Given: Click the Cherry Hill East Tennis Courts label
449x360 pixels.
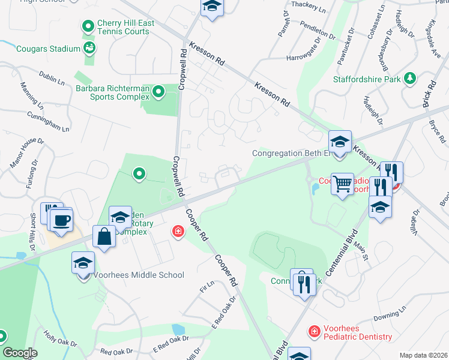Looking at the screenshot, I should pos(126,28).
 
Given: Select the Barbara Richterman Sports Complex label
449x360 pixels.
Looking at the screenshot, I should pos(112,92).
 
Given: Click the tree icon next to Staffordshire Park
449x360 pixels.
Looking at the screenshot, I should pos(411,78).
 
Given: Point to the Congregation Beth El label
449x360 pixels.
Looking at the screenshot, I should pos(292,153).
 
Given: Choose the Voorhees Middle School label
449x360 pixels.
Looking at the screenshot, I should pos(139,275).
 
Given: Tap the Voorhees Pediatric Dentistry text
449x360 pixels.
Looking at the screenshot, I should pos(358,332).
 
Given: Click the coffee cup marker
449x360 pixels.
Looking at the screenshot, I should pos(61,220).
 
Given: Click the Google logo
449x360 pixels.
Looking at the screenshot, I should pos(20,353).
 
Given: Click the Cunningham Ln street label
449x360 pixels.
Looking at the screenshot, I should pos(48,121).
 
